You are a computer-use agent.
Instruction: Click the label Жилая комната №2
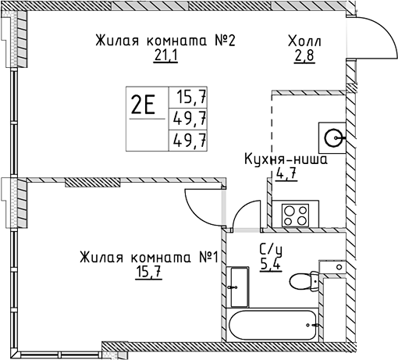(165, 41)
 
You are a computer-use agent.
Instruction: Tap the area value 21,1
(165, 55)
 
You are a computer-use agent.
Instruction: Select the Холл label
(304, 41)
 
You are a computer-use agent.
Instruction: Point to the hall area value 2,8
(305, 55)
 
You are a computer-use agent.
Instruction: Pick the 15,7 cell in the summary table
(192, 97)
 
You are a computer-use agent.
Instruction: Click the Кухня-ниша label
(286, 159)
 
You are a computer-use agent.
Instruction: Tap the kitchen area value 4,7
(286, 173)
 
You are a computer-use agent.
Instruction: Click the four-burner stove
(295, 216)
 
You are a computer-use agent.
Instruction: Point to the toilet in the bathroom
(304, 281)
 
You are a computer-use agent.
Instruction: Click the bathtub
(272, 325)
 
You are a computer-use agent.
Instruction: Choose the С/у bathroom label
(271, 249)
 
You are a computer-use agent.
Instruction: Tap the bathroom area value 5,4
(271, 265)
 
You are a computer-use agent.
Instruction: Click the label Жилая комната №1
(148, 258)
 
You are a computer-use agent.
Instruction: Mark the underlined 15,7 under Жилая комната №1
(148, 273)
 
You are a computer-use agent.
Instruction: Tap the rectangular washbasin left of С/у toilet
(239, 287)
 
